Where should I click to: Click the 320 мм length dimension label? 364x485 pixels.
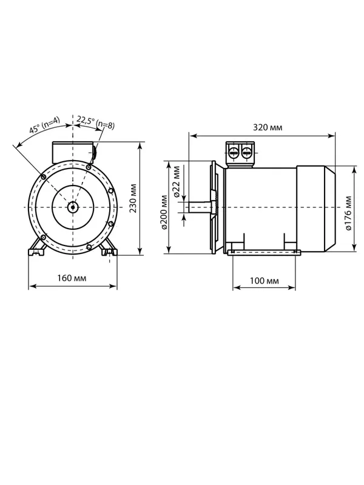pos(268,127)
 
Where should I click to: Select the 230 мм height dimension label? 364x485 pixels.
pos(133,198)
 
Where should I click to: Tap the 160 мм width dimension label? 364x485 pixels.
pos(72,278)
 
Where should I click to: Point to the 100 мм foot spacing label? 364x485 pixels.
pos(264,281)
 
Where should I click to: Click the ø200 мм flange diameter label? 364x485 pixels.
pos(164,212)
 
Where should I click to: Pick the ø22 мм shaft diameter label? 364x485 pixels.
pos(177,181)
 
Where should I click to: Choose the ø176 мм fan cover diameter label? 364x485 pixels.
pos(348,213)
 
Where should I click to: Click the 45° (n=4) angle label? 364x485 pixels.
pos(44,125)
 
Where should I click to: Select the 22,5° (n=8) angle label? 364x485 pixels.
pos(96,122)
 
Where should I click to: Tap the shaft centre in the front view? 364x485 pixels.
pos(73,207)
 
